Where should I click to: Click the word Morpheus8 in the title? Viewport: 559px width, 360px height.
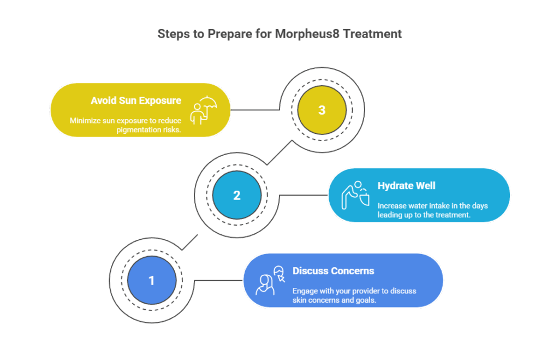pyautogui.click(x=308, y=34)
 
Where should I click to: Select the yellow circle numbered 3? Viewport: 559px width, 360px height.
pyautogui.click(x=322, y=110)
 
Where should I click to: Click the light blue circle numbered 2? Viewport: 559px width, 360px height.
pyautogui.click(x=236, y=195)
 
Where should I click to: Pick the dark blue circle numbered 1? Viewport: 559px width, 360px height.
pyautogui.click(x=151, y=280)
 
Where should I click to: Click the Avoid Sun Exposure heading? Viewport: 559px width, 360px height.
pyautogui.click(x=136, y=101)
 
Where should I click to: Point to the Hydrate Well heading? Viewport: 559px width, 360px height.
pyautogui.click(x=406, y=186)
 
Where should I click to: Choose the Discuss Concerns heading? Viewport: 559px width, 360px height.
pyautogui.click(x=333, y=271)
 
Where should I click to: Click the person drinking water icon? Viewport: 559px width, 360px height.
pyautogui.click(x=355, y=195)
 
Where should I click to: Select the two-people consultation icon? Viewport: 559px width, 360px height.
pyautogui.click(x=271, y=280)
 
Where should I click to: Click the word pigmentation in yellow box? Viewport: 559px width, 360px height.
pyautogui.click(x=139, y=129)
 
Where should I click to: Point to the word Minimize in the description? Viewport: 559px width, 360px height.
pyautogui.click(x=85, y=120)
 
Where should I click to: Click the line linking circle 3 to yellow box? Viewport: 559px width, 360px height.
pyautogui.click(x=257, y=110)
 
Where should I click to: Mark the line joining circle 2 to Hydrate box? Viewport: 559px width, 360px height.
pyautogui.click(x=303, y=195)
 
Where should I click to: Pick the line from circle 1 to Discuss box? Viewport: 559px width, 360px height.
pyautogui.click(x=218, y=280)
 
